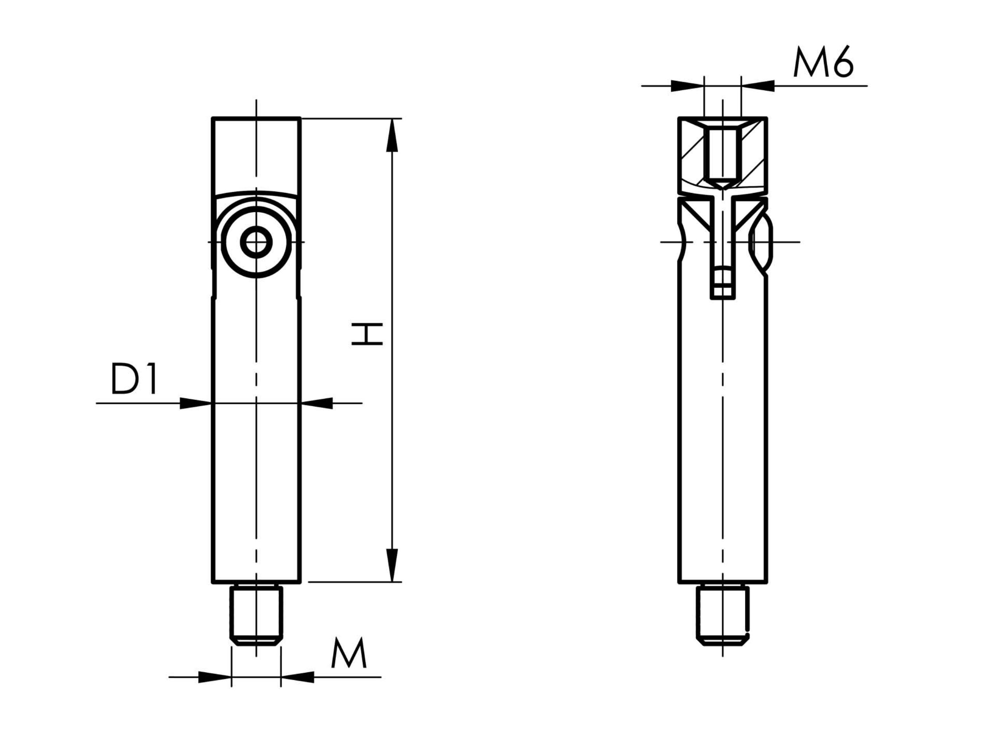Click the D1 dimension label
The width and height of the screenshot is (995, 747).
pos(134,378)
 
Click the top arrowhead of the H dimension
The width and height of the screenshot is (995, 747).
pos(392,135)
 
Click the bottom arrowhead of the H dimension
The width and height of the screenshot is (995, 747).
pos(392,566)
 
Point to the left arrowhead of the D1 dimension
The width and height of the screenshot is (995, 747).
pos(196,403)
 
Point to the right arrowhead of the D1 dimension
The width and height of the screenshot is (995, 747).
pos(317,403)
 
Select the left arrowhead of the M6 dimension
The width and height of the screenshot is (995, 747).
pos(687,86)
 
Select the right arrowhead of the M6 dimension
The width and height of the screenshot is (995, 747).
pos(758,86)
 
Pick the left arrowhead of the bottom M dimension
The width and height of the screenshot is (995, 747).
pos(215,677)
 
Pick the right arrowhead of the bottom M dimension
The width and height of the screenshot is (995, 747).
pos(297,677)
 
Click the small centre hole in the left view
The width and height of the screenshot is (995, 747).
pos(257,243)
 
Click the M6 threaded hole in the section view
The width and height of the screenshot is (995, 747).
pos(723,158)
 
